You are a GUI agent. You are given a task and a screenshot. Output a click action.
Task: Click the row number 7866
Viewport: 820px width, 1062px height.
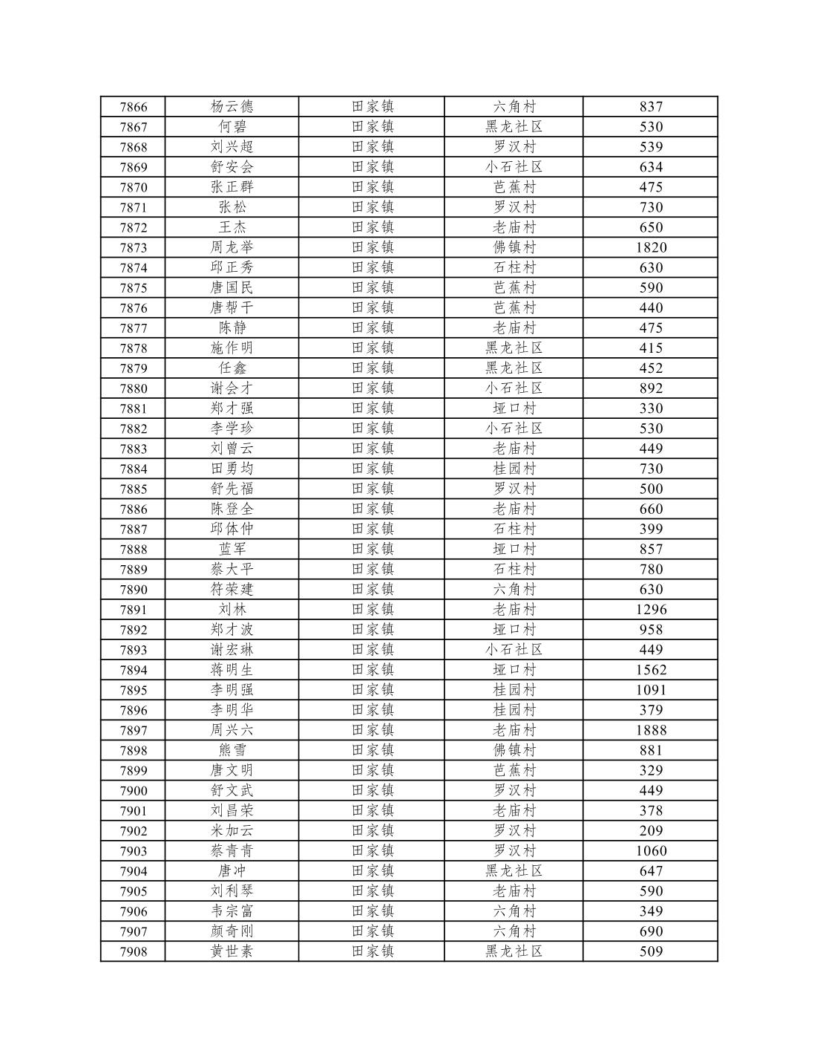point(134,107)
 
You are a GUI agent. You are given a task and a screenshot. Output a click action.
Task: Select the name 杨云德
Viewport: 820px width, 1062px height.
point(232,107)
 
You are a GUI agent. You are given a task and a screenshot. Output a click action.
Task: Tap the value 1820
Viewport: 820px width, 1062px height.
point(651,248)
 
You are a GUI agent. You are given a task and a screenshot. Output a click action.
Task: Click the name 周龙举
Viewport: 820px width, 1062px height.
point(232,247)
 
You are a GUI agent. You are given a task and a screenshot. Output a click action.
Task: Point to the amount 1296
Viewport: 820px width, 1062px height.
point(651,610)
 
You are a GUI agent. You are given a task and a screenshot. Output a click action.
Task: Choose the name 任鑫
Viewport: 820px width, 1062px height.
point(232,368)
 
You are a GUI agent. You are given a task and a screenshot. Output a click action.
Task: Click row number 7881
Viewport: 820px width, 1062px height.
point(134,408)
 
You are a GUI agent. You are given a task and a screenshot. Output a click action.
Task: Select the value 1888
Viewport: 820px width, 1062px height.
point(651,731)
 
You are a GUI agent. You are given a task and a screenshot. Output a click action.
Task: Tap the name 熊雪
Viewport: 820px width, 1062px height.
point(232,751)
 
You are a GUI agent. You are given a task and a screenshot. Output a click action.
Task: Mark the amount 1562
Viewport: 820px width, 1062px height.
point(651,670)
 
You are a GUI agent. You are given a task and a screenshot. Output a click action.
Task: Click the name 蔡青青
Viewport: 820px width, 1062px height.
point(232,851)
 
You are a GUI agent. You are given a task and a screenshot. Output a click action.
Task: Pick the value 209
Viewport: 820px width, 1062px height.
point(651,831)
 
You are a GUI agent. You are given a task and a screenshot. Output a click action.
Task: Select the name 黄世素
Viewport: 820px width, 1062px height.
point(232,951)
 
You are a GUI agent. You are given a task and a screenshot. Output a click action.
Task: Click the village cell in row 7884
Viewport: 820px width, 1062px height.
point(514,469)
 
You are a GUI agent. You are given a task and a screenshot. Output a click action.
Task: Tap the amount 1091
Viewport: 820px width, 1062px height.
point(651,690)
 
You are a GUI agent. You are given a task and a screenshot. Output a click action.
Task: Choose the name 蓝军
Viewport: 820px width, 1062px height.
point(232,550)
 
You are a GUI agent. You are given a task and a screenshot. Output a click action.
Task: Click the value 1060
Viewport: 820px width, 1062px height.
point(651,851)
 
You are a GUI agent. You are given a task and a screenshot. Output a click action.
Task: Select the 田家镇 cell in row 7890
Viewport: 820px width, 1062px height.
point(373,590)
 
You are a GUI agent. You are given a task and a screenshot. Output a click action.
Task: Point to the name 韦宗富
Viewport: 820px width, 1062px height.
point(232,911)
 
